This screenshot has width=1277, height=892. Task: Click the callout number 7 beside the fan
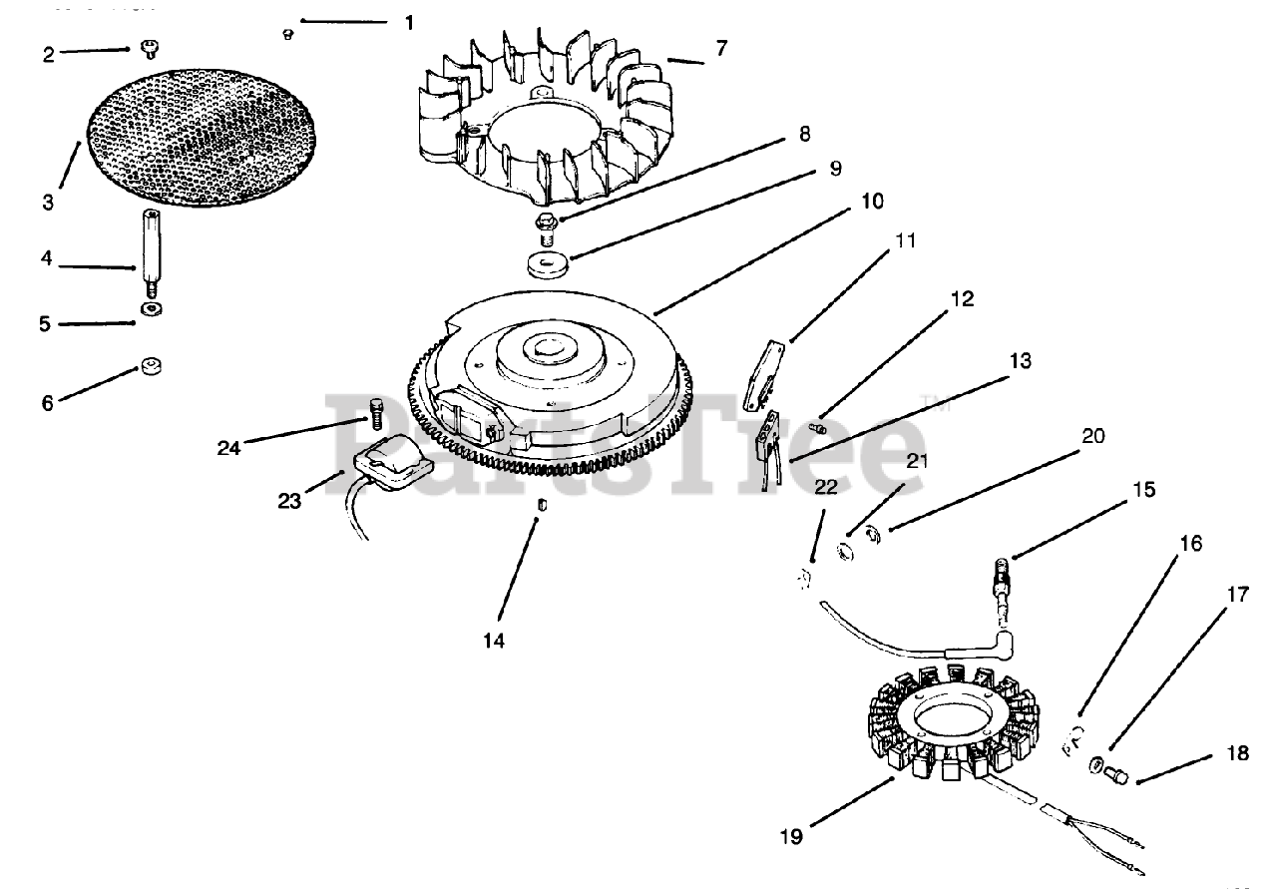pyautogui.click(x=721, y=48)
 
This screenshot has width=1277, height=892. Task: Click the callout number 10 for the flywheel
pyautogui.click(x=872, y=201)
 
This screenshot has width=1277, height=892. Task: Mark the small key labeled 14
pyautogui.click(x=541, y=504)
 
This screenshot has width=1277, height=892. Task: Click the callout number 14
pyautogui.click(x=494, y=641)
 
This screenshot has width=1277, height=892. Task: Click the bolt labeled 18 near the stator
pyautogui.click(x=1116, y=772)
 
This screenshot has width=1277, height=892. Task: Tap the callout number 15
pyautogui.click(x=1143, y=489)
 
